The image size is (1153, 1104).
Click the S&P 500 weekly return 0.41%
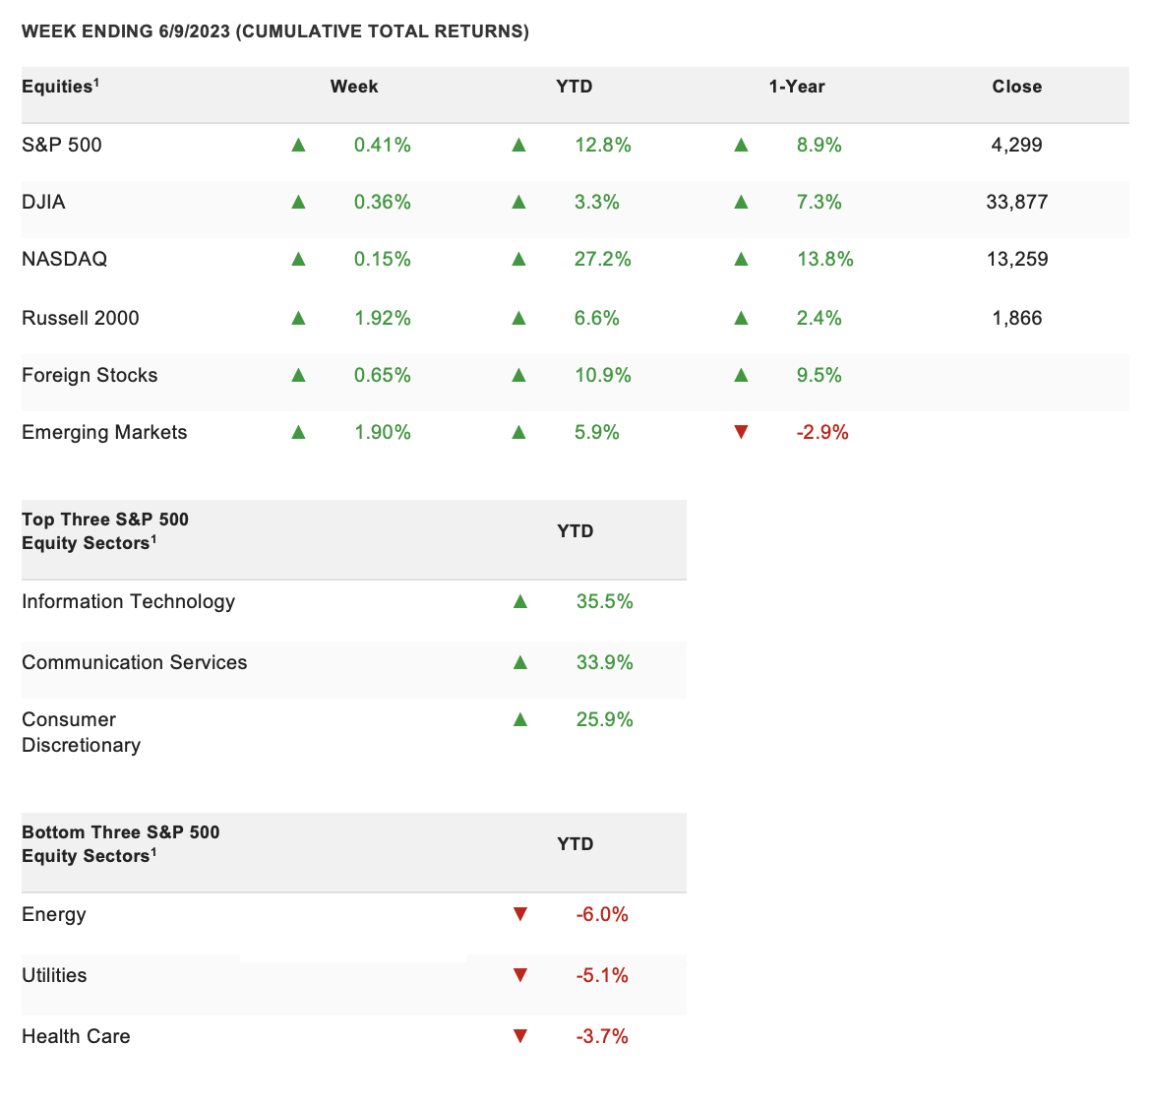[x=383, y=145]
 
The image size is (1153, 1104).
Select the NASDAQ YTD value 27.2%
[x=603, y=259]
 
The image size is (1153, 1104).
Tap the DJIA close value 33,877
[x=1017, y=202]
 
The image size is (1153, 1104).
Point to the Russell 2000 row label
[x=80, y=318]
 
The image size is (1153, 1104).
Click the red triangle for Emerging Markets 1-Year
[x=741, y=432]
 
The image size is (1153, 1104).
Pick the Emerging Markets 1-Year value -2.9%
[x=822, y=432]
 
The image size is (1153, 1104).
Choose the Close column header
[x=1017, y=86]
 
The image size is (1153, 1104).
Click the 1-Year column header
[x=797, y=86]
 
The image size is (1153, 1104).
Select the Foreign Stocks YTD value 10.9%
[x=603, y=375]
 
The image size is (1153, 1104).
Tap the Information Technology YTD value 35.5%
[x=604, y=601]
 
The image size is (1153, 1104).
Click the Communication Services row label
[x=135, y=662]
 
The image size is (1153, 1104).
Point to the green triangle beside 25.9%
[x=520, y=719]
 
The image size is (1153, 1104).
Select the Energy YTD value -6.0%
[x=602, y=914]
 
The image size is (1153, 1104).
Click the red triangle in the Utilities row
[x=520, y=975]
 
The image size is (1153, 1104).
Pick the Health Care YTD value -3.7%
[x=602, y=1036]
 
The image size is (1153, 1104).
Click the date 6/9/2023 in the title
[x=194, y=31]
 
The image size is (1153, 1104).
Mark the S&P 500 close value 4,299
[x=1017, y=145]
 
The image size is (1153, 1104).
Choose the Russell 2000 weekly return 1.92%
[x=383, y=318]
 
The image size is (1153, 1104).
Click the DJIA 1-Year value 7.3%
[x=819, y=202]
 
